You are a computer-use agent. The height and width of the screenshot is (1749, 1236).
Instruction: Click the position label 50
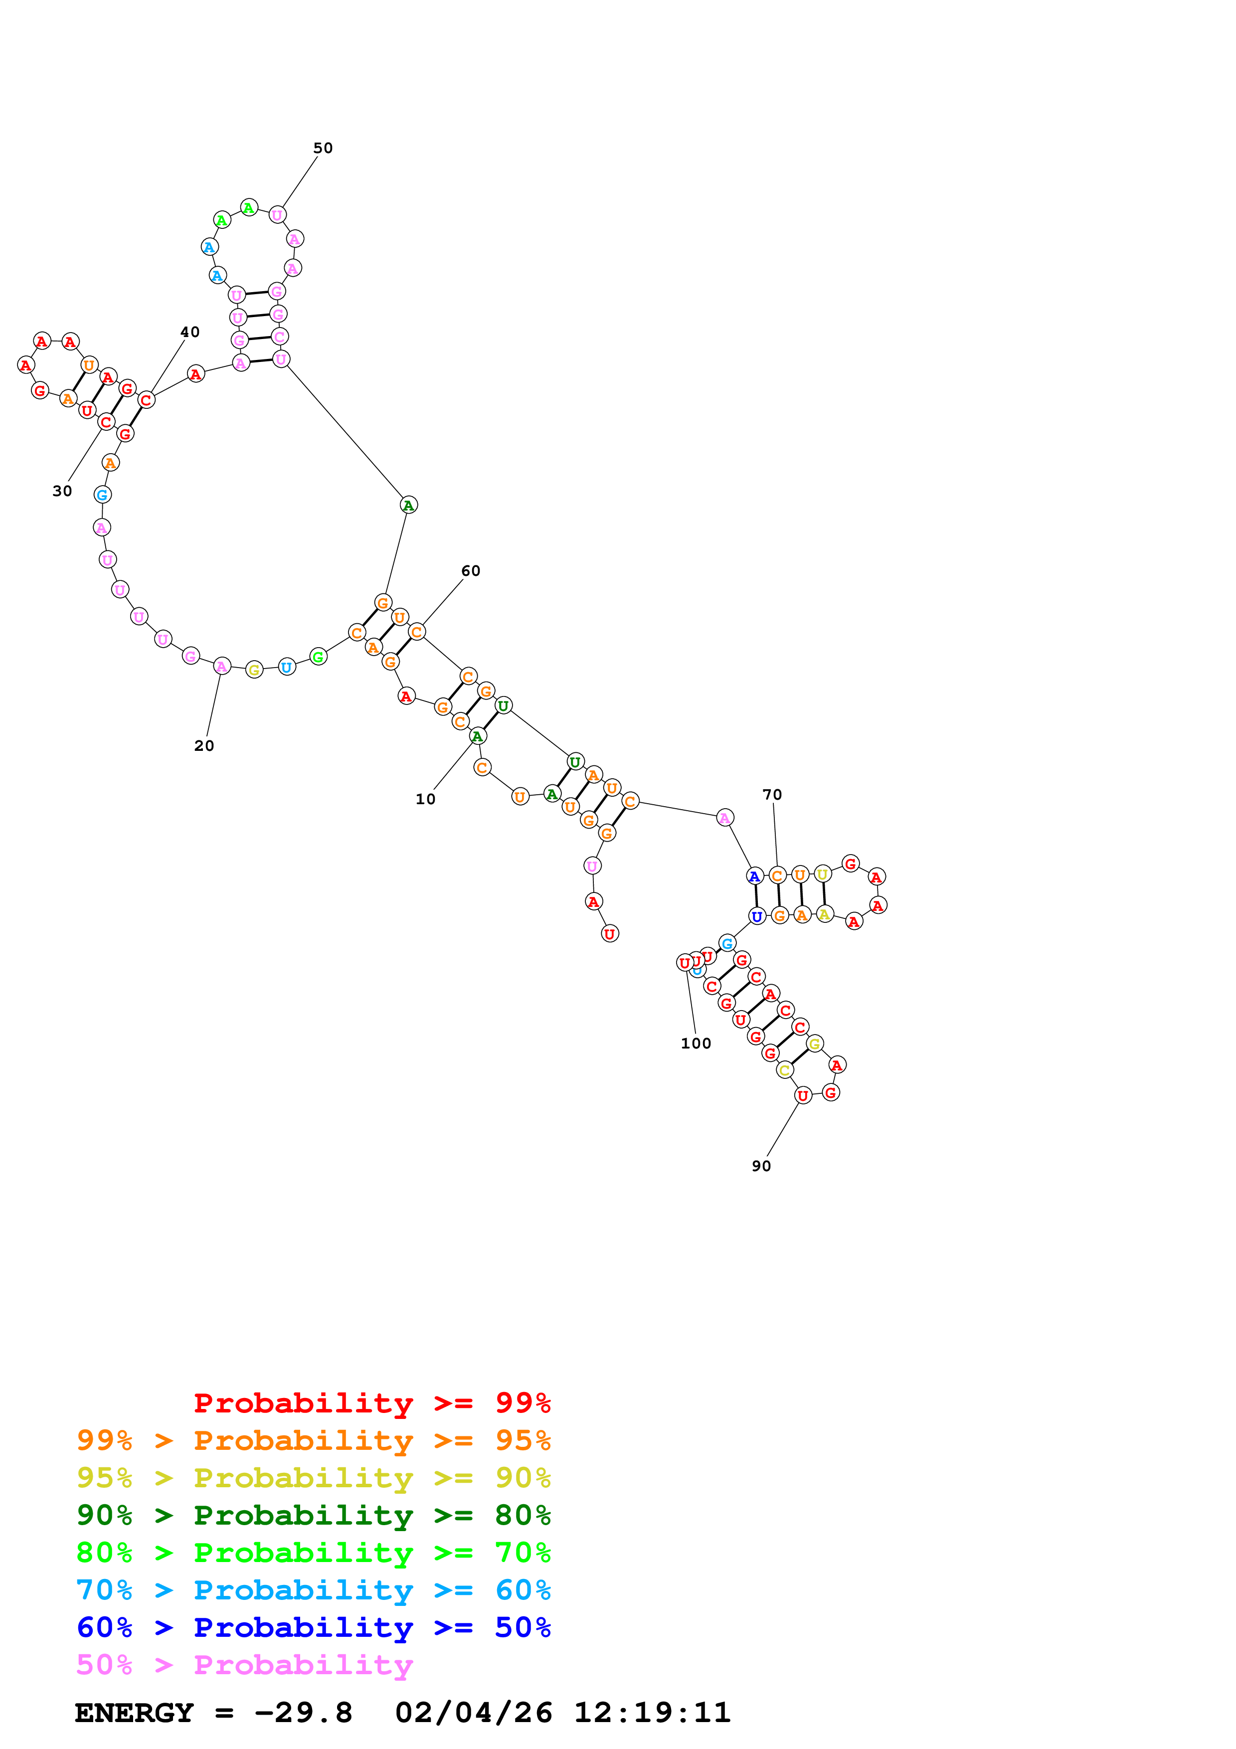[x=323, y=148]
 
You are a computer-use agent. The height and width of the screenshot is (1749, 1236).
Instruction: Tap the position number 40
[x=189, y=332]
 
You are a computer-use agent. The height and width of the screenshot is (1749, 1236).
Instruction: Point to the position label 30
[x=62, y=491]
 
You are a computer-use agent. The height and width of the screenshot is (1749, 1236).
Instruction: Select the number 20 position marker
[x=204, y=746]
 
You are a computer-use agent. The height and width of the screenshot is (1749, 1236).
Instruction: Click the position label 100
[x=696, y=1044]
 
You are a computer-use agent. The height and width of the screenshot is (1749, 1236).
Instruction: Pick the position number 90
[x=761, y=1166]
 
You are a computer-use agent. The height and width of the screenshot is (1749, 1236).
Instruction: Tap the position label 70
[x=772, y=795]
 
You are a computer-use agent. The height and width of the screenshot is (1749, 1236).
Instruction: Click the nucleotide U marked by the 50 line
[x=277, y=215]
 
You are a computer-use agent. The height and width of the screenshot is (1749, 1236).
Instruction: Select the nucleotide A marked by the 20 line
[x=221, y=667]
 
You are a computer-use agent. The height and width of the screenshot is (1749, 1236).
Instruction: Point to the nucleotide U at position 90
[x=803, y=1095]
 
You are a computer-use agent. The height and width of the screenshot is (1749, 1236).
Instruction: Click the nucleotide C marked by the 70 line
[x=777, y=875]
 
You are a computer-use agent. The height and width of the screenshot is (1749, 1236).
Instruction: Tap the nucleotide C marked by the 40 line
[x=146, y=400]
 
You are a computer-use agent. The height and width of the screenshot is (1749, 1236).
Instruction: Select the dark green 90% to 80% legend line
[x=313, y=1515]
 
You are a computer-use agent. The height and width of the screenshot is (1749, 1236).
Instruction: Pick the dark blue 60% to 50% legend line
[x=313, y=1627]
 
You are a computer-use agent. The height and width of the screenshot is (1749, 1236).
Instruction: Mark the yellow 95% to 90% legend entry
[x=313, y=1478]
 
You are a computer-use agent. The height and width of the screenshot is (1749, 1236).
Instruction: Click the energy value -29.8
[x=303, y=1713]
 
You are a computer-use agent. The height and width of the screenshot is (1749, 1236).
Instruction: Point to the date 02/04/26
[x=474, y=1713]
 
